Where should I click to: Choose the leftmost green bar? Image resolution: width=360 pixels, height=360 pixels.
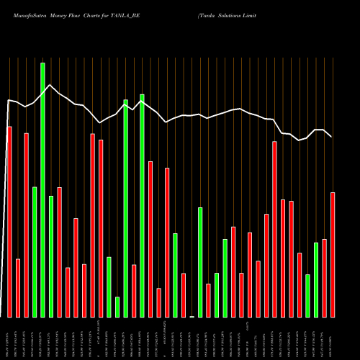(34, 252)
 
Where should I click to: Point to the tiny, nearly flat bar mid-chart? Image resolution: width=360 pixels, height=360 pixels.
(192, 316)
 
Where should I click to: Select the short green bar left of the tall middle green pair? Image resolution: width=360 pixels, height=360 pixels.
(117, 307)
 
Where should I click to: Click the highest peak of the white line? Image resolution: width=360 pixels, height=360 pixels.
(50, 85)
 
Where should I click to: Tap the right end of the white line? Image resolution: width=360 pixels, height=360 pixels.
(332, 137)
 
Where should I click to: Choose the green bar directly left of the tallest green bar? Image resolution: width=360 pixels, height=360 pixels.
(34, 252)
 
